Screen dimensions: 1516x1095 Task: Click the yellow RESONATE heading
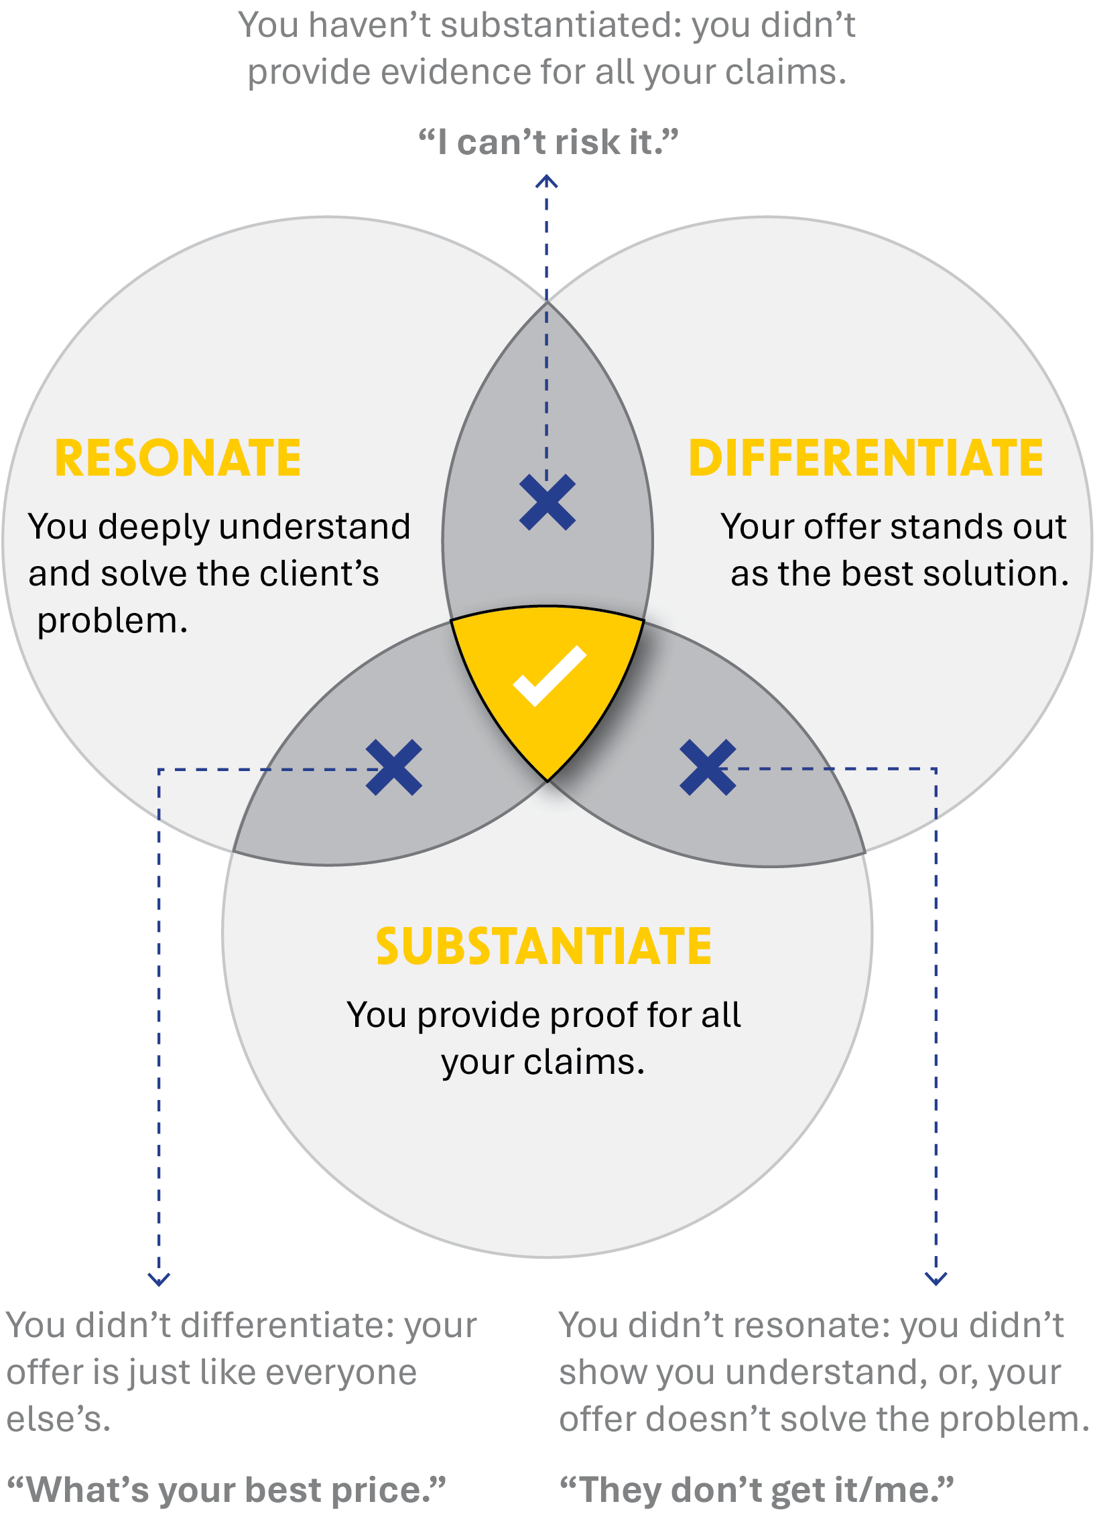[x=178, y=459]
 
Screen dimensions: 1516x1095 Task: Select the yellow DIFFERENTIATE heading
[x=866, y=459]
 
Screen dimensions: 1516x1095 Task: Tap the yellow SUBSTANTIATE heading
[x=543, y=947]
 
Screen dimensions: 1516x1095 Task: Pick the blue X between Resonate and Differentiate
[x=547, y=502]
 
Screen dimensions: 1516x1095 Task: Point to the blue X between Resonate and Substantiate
[x=394, y=768]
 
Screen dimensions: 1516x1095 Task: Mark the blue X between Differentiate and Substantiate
[x=708, y=768]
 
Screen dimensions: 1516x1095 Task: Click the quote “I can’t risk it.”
[x=548, y=142]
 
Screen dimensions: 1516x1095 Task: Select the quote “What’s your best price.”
[x=226, y=1490]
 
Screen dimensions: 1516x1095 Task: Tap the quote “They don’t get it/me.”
[x=756, y=1490]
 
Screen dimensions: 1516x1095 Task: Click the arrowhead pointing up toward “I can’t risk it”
[x=547, y=181]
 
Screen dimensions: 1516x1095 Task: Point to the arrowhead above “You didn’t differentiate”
[x=159, y=1280]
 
